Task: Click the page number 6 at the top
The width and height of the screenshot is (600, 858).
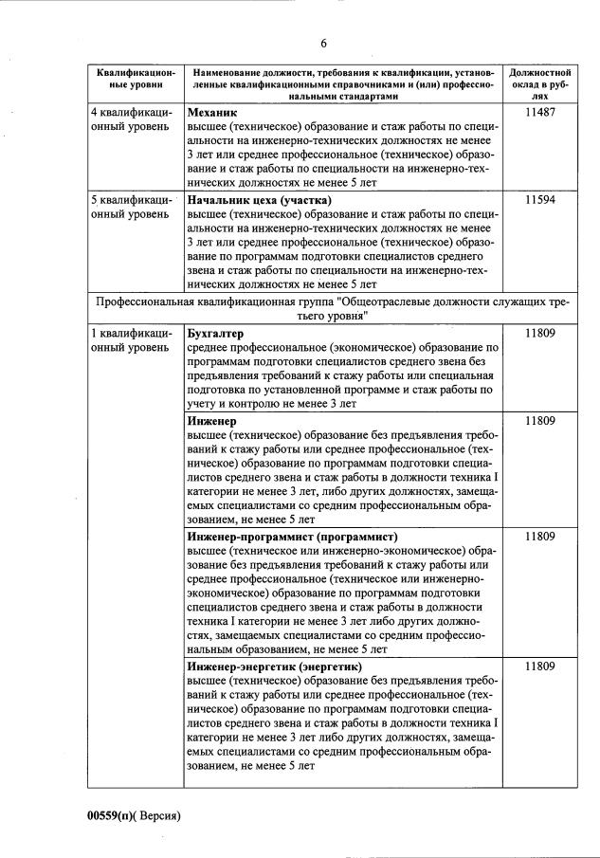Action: [323, 44]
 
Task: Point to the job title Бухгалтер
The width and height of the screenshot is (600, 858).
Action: [216, 334]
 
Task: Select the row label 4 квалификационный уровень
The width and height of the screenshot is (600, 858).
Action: [132, 119]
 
